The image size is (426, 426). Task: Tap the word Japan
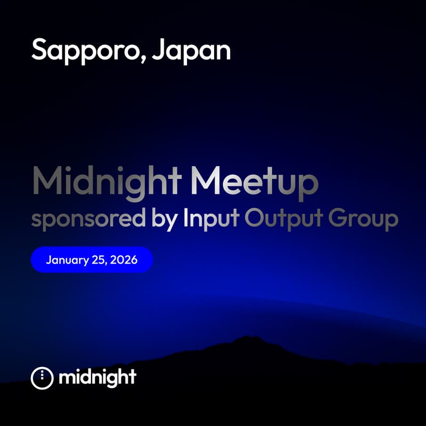point(191,51)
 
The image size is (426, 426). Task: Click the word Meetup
point(255,182)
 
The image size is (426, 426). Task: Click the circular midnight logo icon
point(43,378)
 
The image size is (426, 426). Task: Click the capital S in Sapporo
point(40,50)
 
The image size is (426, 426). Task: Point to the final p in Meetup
point(309,185)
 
